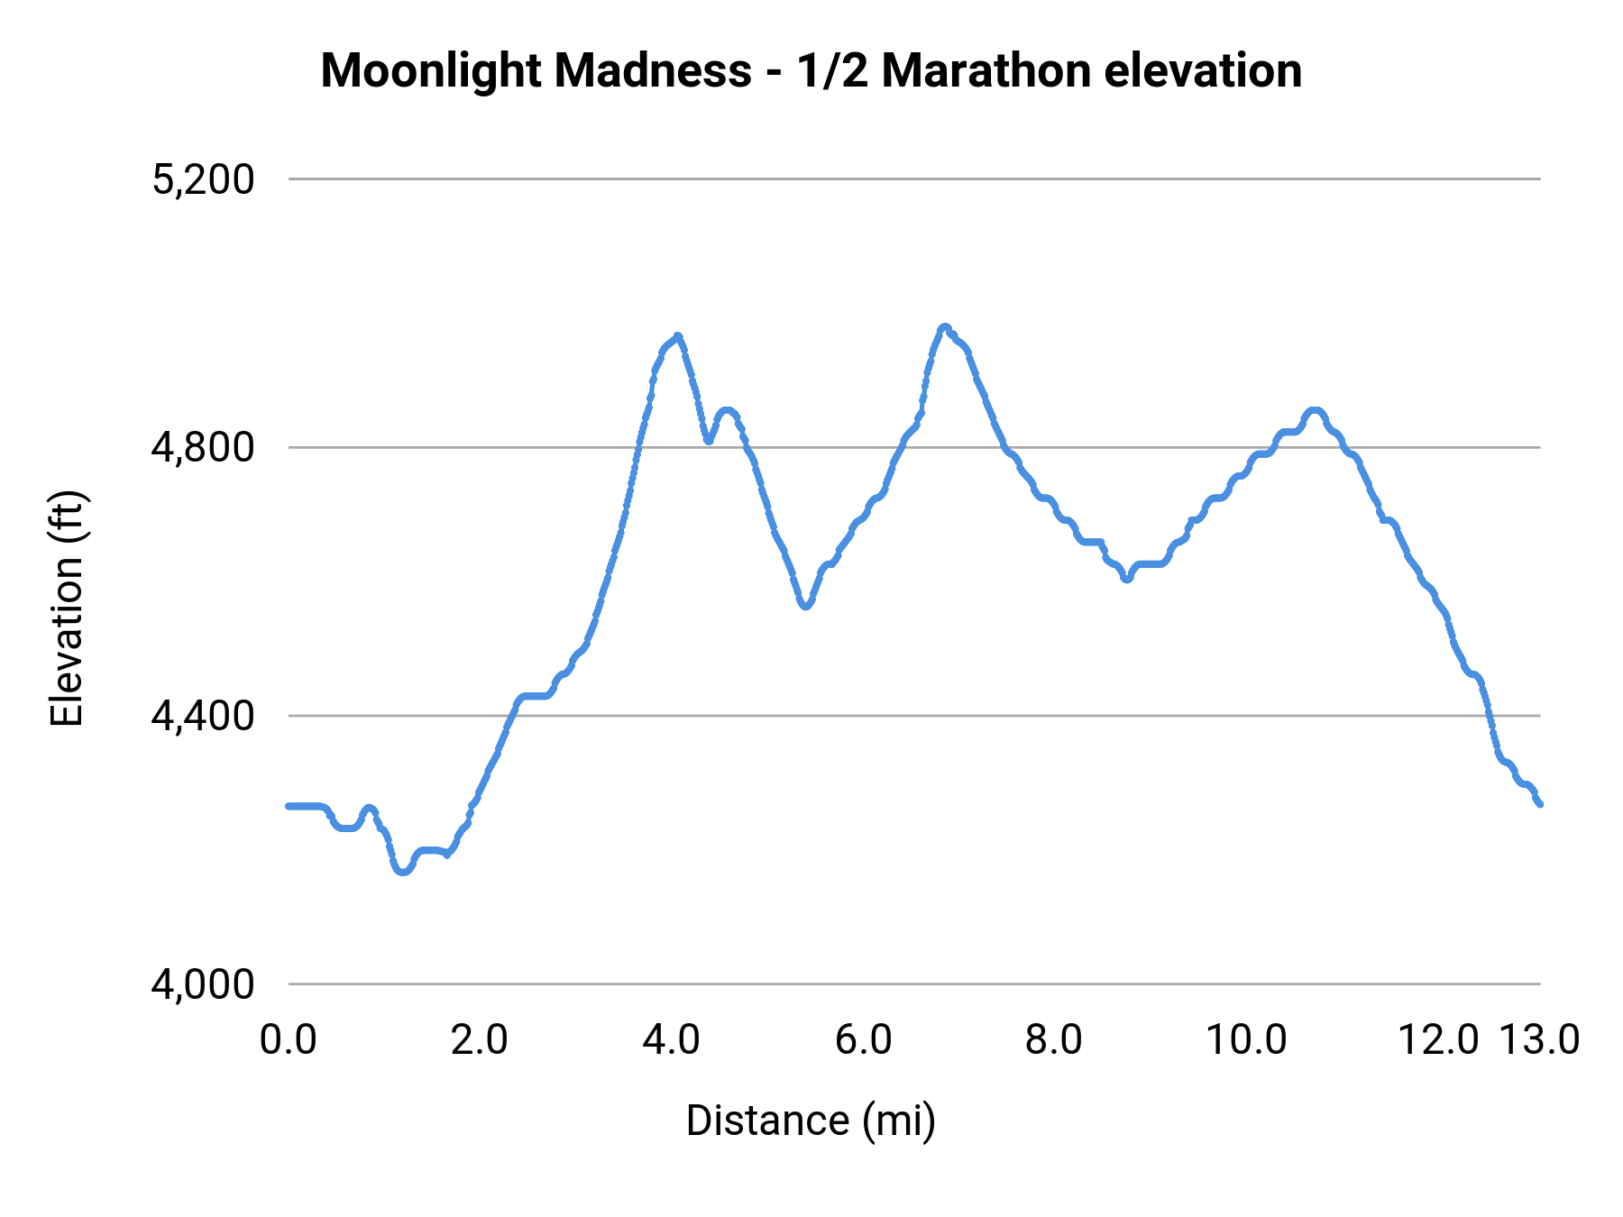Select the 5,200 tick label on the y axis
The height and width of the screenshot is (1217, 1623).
click(x=204, y=179)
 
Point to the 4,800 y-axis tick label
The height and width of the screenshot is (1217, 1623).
click(x=204, y=447)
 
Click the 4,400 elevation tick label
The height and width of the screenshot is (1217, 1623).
click(x=204, y=716)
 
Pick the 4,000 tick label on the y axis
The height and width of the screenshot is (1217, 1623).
click(x=204, y=984)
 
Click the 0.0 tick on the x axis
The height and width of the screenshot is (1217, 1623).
click(x=289, y=1040)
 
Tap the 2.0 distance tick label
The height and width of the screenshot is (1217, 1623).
click(x=480, y=1040)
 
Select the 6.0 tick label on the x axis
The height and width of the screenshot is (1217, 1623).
click(x=863, y=1040)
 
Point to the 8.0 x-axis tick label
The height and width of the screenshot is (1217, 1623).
click(x=1054, y=1040)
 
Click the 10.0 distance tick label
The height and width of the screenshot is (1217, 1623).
click(x=1246, y=1040)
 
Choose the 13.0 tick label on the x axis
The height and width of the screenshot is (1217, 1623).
click(x=1540, y=1040)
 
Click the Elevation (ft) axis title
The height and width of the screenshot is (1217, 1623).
click(x=67, y=608)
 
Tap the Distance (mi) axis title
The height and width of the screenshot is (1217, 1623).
click(x=811, y=1121)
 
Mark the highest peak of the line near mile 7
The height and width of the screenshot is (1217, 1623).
click(x=944, y=327)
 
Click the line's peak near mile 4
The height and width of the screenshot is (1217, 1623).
click(x=678, y=336)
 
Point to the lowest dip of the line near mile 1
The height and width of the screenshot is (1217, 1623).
click(x=402, y=872)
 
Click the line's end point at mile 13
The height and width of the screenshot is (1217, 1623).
click(x=1540, y=804)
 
